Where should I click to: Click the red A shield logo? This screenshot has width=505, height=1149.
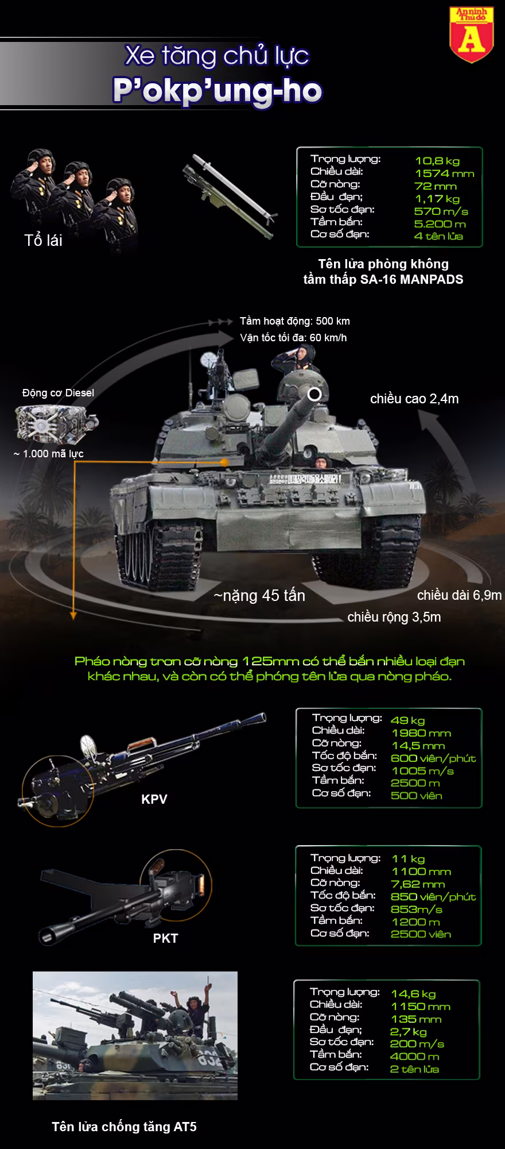click(471, 34)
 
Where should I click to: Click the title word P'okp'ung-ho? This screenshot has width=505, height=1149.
click(217, 91)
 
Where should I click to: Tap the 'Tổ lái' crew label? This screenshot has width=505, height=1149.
click(44, 240)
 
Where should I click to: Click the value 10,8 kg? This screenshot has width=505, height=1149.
click(437, 161)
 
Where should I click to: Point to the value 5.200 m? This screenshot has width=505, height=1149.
click(440, 223)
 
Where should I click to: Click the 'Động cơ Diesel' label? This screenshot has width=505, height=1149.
click(58, 393)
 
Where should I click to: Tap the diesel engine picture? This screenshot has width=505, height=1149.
click(56, 423)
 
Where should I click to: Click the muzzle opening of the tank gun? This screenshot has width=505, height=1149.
click(314, 394)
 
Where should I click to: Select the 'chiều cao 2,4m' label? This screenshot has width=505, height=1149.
click(414, 399)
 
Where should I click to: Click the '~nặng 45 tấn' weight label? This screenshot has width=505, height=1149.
click(259, 596)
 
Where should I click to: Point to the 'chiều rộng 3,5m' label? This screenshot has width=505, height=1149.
click(394, 617)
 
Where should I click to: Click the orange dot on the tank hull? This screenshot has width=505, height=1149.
click(225, 461)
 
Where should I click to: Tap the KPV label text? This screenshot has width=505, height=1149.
click(154, 799)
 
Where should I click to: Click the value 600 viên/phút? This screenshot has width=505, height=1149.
click(433, 758)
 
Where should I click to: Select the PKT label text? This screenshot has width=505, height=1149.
click(165, 938)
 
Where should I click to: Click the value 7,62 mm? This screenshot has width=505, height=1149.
click(418, 884)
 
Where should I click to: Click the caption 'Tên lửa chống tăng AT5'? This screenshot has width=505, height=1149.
click(124, 1127)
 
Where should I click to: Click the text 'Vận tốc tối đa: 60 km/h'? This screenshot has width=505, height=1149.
click(293, 337)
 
